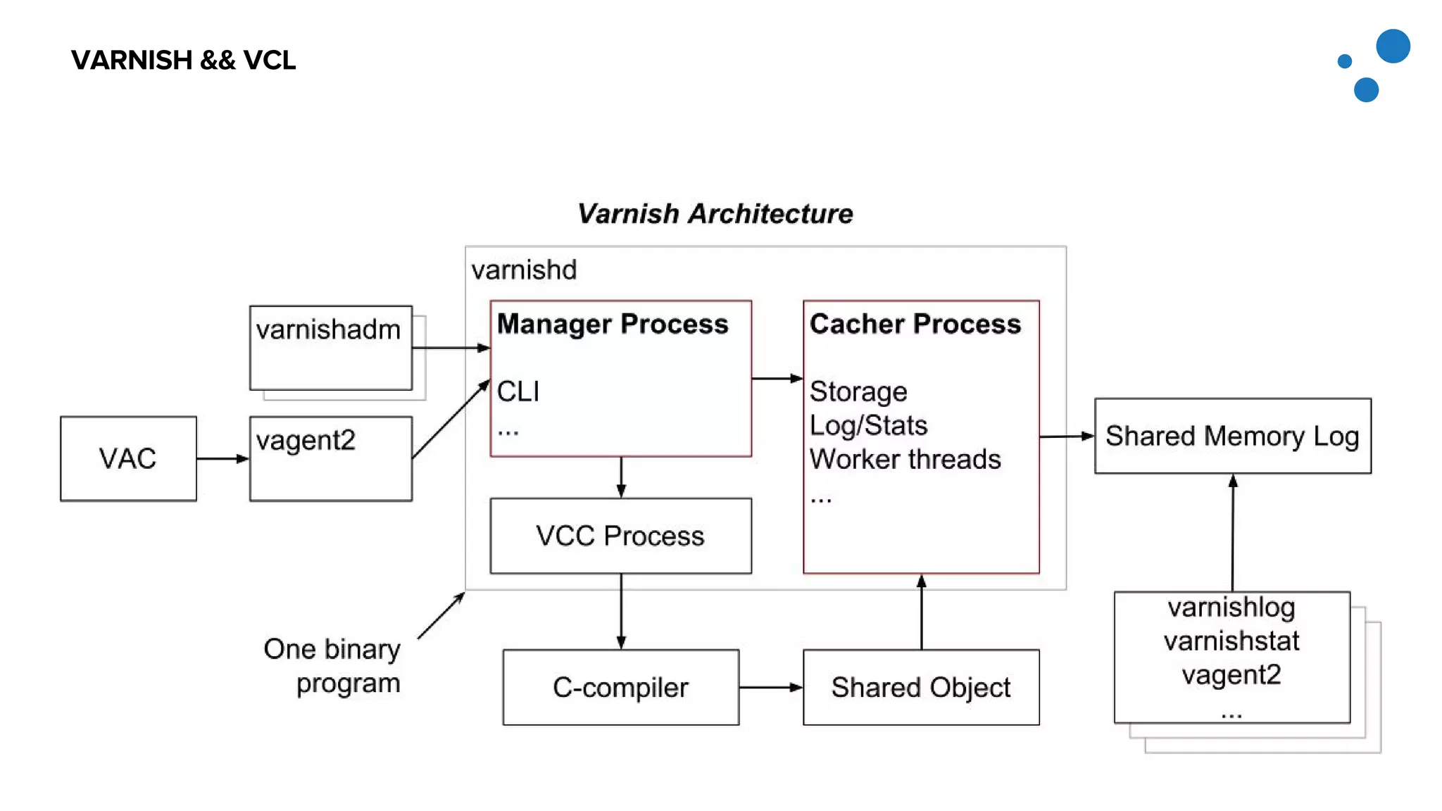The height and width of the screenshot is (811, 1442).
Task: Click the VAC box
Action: click(x=128, y=458)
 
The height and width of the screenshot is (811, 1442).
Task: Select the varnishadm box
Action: click(x=330, y=347)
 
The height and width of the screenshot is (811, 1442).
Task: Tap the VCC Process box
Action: click(x=620, y=536)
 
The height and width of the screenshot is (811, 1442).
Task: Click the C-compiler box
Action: click(x=620, y=687)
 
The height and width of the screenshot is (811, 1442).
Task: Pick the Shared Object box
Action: click(x=920, y=687)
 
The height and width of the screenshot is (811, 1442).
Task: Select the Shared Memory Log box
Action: click(x=1232, y=436)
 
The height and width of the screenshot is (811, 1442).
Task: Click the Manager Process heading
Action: click(x=613, y=324)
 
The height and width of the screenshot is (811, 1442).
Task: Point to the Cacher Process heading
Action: click(x=915, y=324)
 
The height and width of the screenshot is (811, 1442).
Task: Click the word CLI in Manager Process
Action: click(x=518, y=391)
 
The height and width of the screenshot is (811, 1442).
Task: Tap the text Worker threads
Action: click(x=905, y=459)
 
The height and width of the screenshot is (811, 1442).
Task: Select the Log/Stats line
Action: click(x=868, y=425)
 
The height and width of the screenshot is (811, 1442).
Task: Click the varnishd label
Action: click(x=524, y=270)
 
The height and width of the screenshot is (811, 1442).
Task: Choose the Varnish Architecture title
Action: click(x=715, y=213)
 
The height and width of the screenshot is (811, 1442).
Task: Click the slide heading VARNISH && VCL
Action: click(x=183, y=60)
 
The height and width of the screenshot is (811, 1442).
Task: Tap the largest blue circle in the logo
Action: click(x=1393, y=46)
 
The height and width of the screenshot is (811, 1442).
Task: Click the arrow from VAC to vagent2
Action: click(x=222, y=458)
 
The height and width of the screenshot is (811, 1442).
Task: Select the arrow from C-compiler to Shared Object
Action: click(x=770, y=687)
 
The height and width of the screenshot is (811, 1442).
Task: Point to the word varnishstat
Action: click(x=1231, y=641)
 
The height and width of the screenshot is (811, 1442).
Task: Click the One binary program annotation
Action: click(x=332, y=665)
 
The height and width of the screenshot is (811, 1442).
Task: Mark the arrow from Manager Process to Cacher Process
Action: click(x=777, y=379)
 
